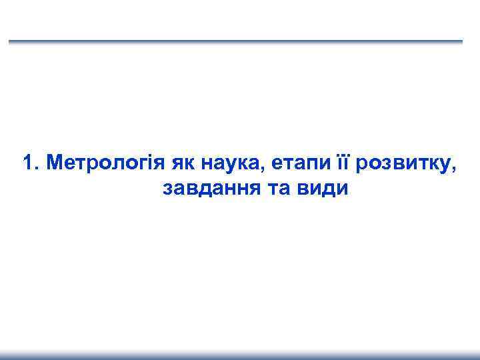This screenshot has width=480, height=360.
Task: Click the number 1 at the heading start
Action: [x=27, y=163]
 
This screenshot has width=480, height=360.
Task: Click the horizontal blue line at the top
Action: [x=235, y=42]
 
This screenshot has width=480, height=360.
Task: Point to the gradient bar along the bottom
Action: [x=240, y=355]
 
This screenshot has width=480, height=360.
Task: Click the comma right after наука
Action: [x=254, y=169]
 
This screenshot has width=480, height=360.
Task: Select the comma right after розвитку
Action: [x=455, y=169]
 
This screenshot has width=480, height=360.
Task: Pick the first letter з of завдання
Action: [x=166, y=189]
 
